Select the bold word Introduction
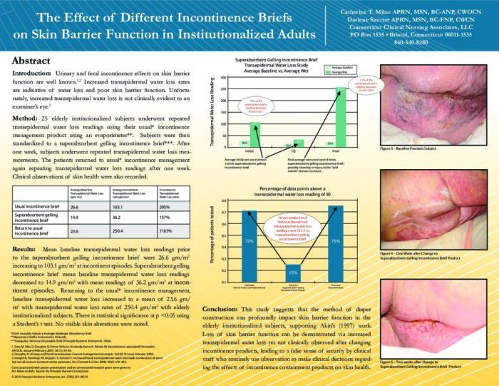click(x=33, y=73)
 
